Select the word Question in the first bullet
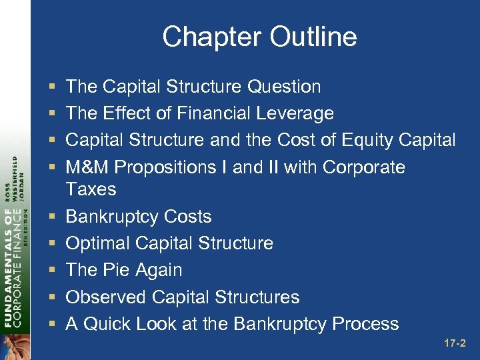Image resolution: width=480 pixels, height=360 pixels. [284, 87]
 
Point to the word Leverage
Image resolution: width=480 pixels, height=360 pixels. [297, 113]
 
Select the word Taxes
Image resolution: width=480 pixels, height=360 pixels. [91, 189]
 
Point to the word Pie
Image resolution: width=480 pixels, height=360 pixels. [118, 270]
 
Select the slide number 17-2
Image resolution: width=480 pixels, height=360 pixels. [455, 344]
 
